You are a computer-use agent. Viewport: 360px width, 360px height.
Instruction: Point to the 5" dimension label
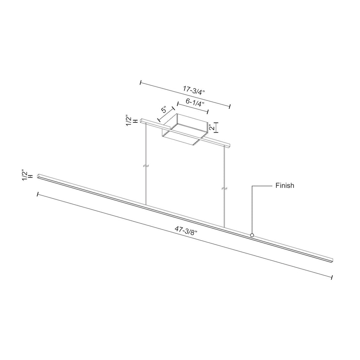pos(164,111)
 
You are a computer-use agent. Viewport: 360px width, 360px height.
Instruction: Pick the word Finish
pos(285,186)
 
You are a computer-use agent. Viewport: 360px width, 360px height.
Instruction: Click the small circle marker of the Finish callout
pos(252,235)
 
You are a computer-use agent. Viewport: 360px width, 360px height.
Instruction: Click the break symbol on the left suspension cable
pos(146,166)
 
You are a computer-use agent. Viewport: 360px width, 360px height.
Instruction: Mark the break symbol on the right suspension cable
pos(224,188)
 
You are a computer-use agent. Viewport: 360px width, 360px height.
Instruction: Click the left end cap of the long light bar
pos(39,177)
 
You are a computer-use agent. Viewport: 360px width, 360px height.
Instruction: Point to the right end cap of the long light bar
pos(332,260)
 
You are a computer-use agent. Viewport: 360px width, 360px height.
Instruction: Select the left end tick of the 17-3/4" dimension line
pos(141,82)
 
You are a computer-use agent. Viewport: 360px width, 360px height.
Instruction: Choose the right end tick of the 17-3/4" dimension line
pos(230,106)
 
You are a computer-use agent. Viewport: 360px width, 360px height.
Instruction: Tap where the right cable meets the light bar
pos(224,228)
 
